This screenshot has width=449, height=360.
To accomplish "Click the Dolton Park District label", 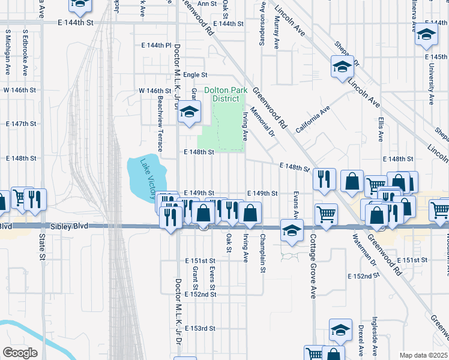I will pos(225,94).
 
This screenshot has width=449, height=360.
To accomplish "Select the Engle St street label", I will pos(195,75).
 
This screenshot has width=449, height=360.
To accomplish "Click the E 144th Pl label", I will pos(157,46).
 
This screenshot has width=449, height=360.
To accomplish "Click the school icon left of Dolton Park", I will pos(190,113).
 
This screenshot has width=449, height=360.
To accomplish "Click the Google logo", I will pos(20,353).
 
